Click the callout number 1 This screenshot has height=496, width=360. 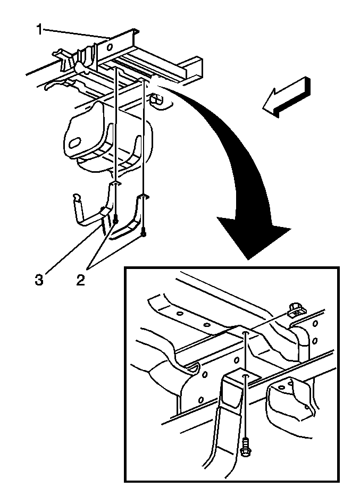click(x=39, y=30)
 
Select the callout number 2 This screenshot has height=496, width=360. click(x=81, y=280)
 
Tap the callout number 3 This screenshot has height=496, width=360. click(x=39, y=280)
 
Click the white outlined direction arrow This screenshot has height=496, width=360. click(x=286, y=97)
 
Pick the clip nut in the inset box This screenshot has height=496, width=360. click(x=296, y=312)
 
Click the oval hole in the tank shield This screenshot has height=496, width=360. click(x=75, y=143)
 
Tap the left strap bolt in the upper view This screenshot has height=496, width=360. click(x=116, y=220)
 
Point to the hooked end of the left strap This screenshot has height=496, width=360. click(x=76, y=198)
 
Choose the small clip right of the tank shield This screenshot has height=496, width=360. click(x=156, y=99)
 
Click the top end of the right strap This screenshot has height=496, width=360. click(x=143, y=197)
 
